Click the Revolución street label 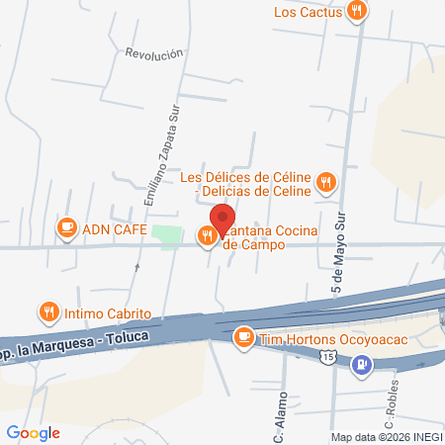[154, 53]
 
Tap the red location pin [222, 218]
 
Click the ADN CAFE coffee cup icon [66, 229]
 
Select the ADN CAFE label [115, 230]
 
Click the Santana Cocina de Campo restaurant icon [207, 235]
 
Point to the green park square [169, 237]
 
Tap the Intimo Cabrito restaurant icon [48, 312]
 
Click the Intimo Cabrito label [109, 313]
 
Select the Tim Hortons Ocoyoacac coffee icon [243, 338]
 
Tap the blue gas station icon [364, 363]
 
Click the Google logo [33, 432]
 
